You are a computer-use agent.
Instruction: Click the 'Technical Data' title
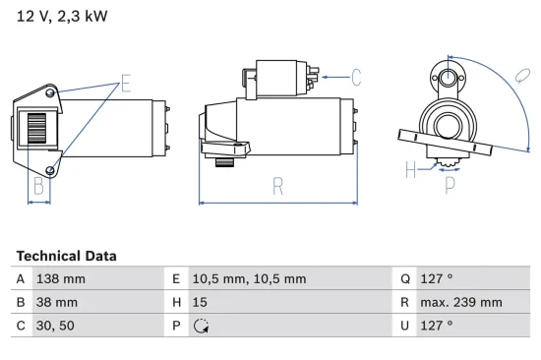click(x=66, y=256)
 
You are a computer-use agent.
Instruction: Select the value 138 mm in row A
click(x=60, y=279)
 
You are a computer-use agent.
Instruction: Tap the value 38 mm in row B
click(x=56, y=302)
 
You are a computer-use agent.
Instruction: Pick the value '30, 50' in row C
click(x=54, y=326)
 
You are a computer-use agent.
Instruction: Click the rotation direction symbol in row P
click(x=202, y=327)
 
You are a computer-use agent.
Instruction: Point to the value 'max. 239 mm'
click(x=461, y=302)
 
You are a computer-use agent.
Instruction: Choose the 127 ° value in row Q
click(x=436, y=279)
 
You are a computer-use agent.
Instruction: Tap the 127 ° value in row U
click(x=436, y=326)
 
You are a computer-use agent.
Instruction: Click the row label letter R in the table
click(x=404, y=302)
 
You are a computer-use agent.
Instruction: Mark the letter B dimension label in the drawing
click(x=39, y=183)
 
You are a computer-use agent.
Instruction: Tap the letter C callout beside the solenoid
click(x=356, y=76)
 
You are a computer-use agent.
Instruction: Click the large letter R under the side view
click(x=278, y=183)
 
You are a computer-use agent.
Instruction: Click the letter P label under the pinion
click(x=450, y=183)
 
